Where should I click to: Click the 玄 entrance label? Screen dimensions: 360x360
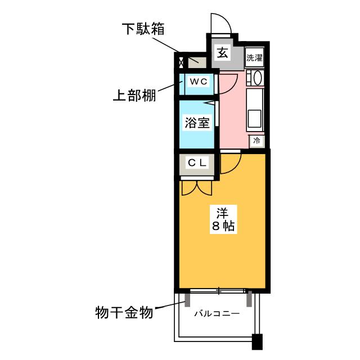click(222, 53)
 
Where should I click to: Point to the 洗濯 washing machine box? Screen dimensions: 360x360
click(254, 57)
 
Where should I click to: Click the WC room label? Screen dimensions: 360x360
click(198, 82)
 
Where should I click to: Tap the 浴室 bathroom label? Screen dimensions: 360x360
click(197, 123)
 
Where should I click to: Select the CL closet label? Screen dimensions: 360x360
click(197, 163)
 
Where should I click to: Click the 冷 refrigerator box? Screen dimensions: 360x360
click(256, 141)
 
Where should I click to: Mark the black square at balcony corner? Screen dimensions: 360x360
click(257, 343)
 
